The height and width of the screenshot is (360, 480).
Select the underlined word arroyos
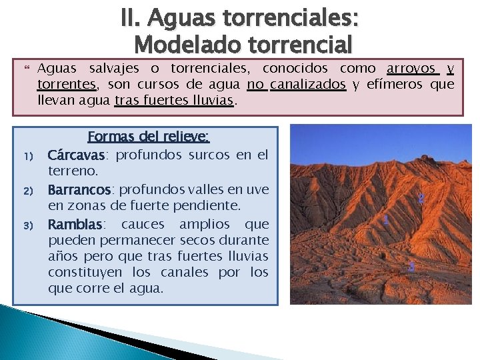[x=412, y=69]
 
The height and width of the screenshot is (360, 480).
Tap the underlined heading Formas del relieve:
[x=149, y=137]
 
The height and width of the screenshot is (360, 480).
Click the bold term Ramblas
[x=75, y=224]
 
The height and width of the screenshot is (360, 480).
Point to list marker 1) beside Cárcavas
[x=29, y=157]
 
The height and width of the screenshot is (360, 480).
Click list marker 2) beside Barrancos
[x=29, y=191]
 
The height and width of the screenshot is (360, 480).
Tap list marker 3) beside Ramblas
[x=29, y=226]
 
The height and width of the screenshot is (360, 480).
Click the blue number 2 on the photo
[x=421, y=198]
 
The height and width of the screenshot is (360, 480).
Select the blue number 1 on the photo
[x=387, y=220]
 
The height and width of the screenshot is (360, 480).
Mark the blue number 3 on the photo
[x=411, y=267]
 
